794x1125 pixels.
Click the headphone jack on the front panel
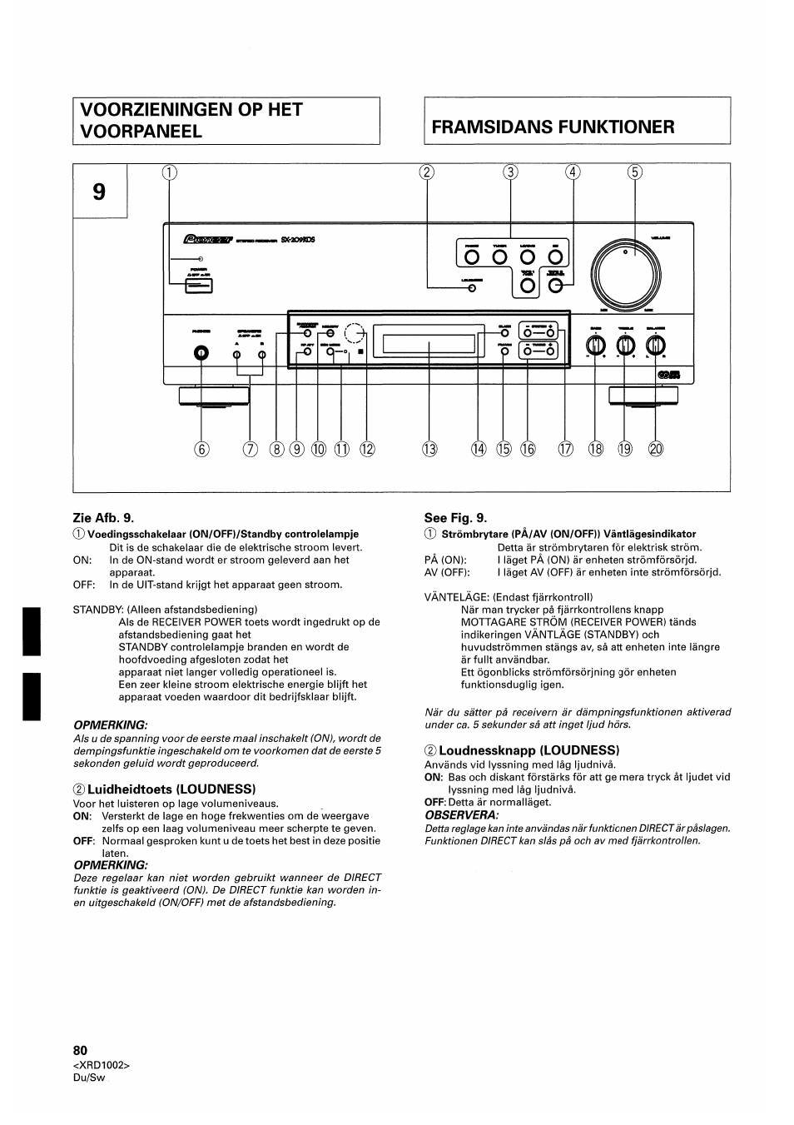[200, 354]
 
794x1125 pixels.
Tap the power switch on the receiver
[199, 286]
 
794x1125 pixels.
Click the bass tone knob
[595, 346]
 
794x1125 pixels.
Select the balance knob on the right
[656, 346]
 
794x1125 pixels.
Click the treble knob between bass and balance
[626, 346]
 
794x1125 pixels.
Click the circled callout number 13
[429, 450]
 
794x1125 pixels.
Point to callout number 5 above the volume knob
[635, 173]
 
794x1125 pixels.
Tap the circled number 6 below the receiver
[200, 450]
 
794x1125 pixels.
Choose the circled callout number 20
[656, 450]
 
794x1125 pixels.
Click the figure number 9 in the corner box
[99, 192]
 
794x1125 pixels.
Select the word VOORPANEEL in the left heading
[141, 132]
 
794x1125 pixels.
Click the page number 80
[80, 1050]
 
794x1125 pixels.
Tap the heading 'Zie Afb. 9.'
[103, 517]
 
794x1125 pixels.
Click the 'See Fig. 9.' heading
[455, 517]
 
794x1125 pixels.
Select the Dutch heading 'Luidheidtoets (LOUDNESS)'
[171, 789]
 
